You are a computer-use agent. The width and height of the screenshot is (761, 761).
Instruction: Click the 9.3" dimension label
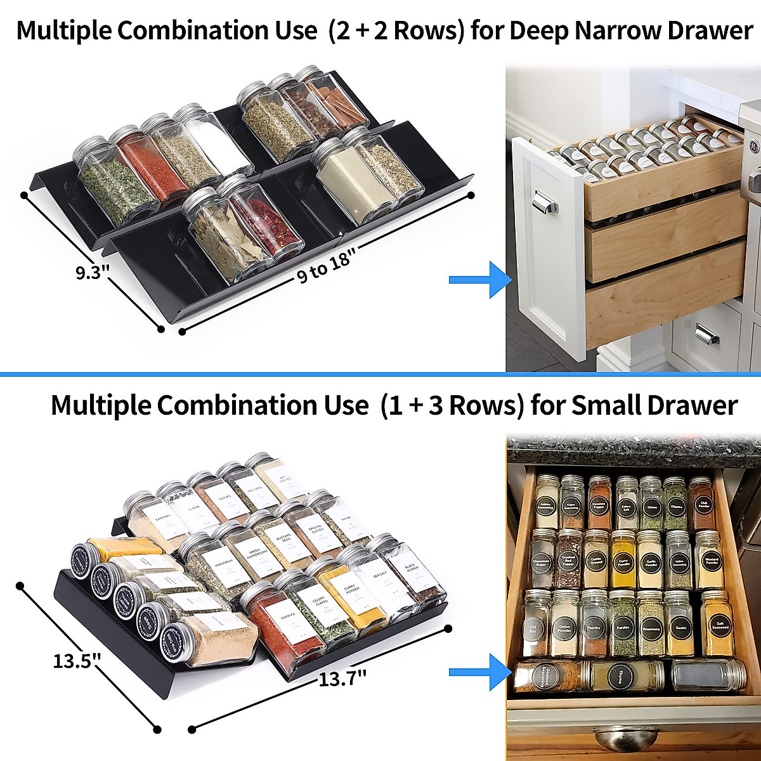[x=93, y=273]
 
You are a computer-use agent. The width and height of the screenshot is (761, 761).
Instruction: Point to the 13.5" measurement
[x=77, y=661]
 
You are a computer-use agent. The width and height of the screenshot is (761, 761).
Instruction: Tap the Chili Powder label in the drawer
[x=703, y=505]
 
